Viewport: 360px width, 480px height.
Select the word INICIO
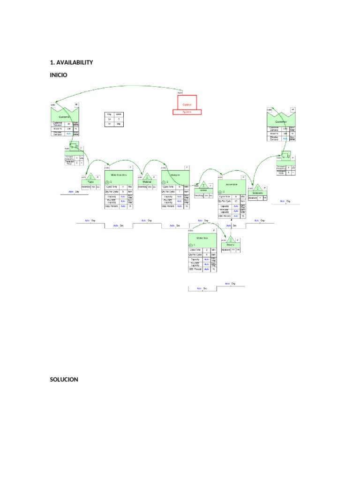click(59, 75)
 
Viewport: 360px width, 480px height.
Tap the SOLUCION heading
click(64, 379)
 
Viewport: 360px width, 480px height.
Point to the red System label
click(187, 112)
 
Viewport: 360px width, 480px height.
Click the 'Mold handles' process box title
click(119, 174)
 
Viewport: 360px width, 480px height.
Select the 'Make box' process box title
click(202, 238)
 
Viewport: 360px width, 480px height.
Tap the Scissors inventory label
click(257, 193)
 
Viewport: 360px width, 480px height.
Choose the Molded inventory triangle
click(147, 177)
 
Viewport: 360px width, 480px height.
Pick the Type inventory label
click(90, 182)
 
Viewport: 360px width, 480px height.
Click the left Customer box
click(65, 115)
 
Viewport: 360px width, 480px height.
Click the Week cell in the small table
click(119, 114)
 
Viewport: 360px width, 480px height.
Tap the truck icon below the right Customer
click(285, 155)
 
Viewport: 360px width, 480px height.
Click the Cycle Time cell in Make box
click(195, 250)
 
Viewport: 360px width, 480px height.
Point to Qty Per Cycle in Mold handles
click(112, 191)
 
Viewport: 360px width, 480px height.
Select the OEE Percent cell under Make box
click(195, 270)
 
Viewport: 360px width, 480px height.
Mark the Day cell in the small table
click(109, 114)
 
